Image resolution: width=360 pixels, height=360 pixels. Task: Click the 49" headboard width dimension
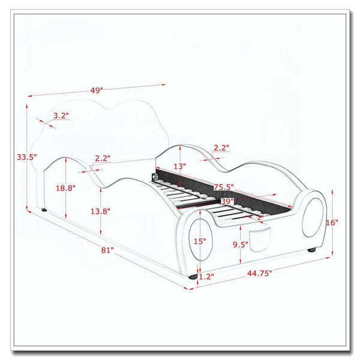pyautogui.click(x=97, y=90)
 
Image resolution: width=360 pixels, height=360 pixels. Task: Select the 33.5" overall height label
pyautogui.click(x=26, y=157)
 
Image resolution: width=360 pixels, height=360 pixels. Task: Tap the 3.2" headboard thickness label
pyautogui.click(x=61, y=115)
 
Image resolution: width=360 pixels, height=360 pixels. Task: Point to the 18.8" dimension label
pyautogui.click(x=65, y=188)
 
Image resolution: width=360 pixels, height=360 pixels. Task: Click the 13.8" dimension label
pyautogui.click(x=100, y=211)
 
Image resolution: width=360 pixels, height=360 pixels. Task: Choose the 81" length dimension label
pyautogui.click(x=107, y=250)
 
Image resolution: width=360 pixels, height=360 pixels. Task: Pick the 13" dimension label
pyautogui.click(x=179, y=166)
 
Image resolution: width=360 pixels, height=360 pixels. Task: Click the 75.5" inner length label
pyautogui.click(x=224, y=187)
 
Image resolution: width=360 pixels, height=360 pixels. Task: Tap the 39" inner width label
pyautogui.click(x=227, y=202)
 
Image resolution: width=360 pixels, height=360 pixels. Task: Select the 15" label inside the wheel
pyautogui.click(x=200, y=241)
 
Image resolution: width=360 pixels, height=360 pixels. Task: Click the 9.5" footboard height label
pyautogui.click(x=241, y=245)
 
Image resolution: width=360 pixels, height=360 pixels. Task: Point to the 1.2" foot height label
pyautogui.click(x=206, y=277)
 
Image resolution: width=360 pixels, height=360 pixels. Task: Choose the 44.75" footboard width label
pyautogui.click(x=259, y=273)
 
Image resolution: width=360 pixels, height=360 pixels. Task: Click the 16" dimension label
pyautogui.click(x=332, y=223)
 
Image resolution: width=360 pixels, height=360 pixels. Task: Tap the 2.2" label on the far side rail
pyautogui.click(x=221, y=148)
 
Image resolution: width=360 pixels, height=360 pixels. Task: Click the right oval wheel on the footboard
pyautogui.click(x=313, y=217)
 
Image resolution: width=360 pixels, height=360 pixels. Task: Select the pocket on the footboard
pyautogui.click(x=259, y=240)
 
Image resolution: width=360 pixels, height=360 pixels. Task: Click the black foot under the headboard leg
pyautogui.click(x=44, y=210)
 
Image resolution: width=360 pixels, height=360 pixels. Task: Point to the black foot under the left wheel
pyautogui.click(x=193, y=277)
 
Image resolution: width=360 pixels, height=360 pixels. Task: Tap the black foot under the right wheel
pyautogui.click(x=311, y=250)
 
